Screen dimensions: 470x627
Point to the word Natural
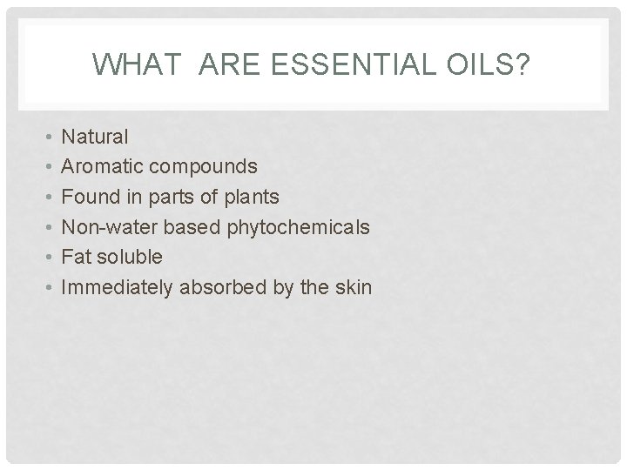(96, 137)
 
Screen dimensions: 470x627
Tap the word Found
(91, 197)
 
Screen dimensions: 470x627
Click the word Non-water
(106, 227)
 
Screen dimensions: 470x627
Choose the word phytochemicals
(299, 227)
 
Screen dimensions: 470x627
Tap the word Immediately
(118, 287)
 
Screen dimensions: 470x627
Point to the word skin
(353, 287)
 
